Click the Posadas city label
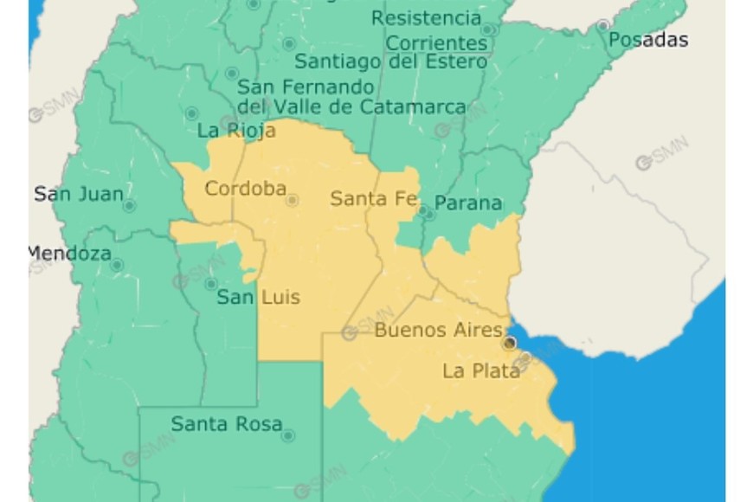647,40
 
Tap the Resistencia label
426,17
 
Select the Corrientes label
436,42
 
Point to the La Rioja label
236,131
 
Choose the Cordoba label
245,188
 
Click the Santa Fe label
373,198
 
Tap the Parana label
467,203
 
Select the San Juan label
78,194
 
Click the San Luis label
258,297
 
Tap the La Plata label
481,370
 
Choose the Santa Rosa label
226,423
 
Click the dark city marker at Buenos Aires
510,344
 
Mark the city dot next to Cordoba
293,200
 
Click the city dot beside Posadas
602,26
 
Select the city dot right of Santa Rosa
287,435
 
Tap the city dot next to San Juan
129,206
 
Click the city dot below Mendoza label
117,265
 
